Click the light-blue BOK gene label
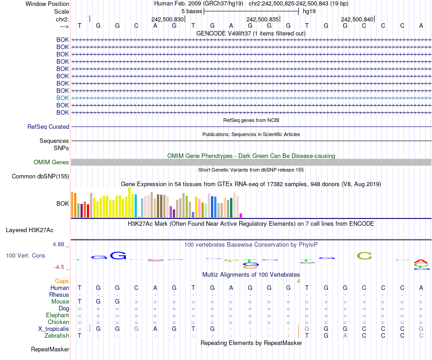click(63, 98)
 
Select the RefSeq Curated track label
click(48, 127)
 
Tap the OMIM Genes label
click(51, 162)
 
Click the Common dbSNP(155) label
click(40, 177)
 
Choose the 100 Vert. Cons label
click(25, 256)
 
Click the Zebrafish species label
click(57, 335)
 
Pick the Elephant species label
click(58, 315)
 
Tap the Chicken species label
click(59, 322)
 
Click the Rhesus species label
click(59, 294)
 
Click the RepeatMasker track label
click(50, 350)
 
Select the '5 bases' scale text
click(192, 11)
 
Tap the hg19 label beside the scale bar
click(309, 11)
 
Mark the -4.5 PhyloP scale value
click(60, 267)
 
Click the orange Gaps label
click(62, 281)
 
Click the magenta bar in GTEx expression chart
click(241, 215)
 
